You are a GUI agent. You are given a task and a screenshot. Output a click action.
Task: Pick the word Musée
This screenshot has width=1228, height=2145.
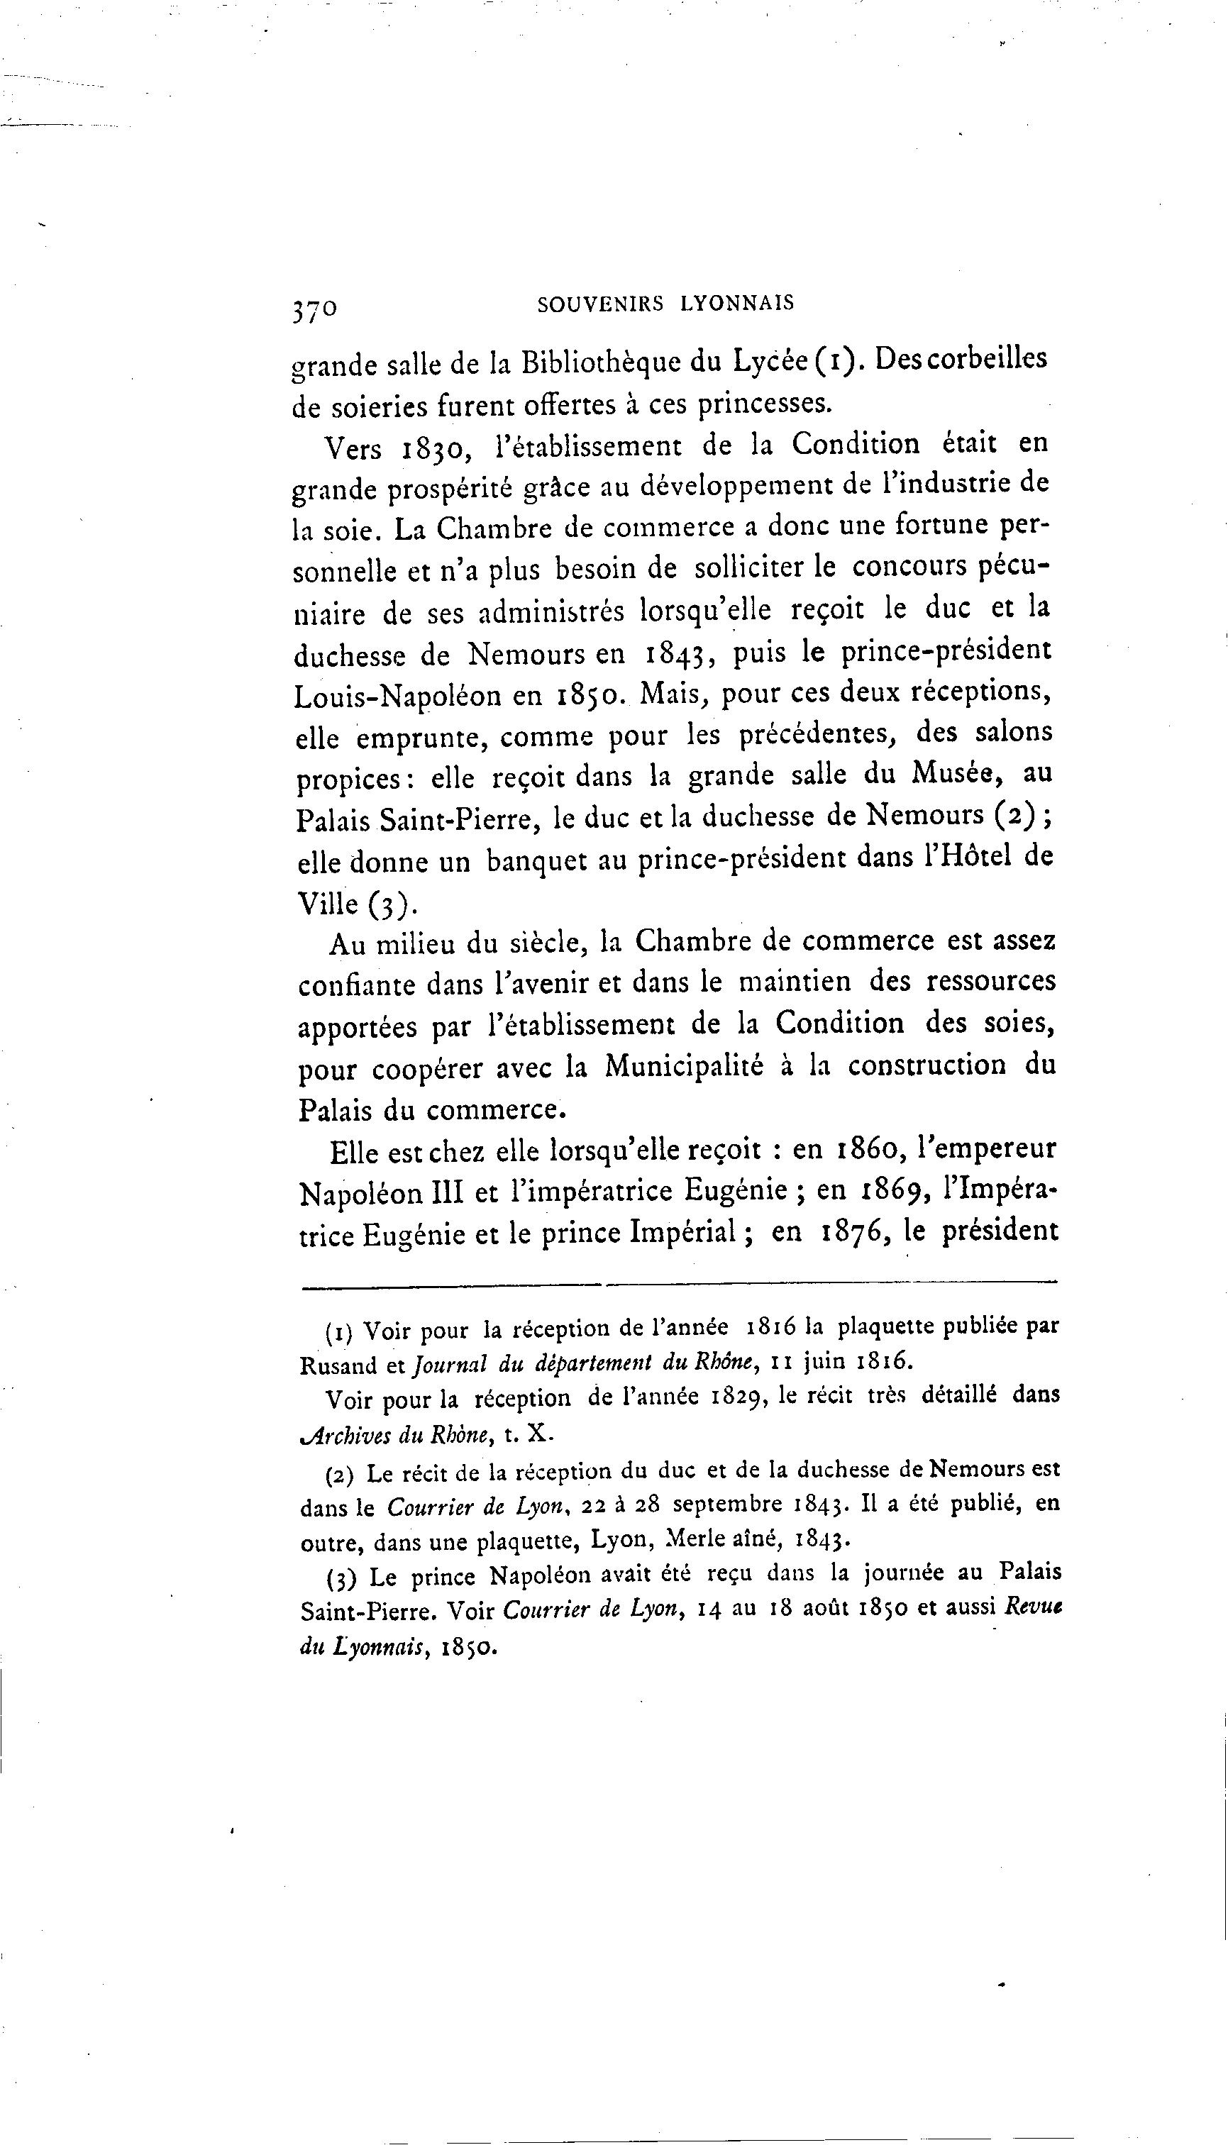(954, 773)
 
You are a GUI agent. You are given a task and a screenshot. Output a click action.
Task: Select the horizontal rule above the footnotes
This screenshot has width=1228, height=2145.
(678, 1285)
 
